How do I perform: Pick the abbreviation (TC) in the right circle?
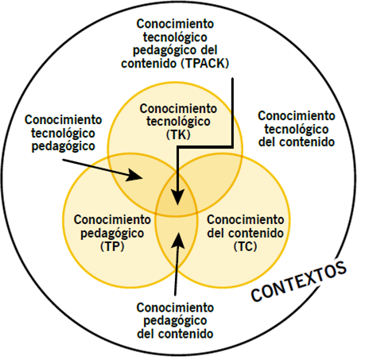pos(244,247)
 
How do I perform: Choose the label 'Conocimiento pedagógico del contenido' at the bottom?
pos(175,320)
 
